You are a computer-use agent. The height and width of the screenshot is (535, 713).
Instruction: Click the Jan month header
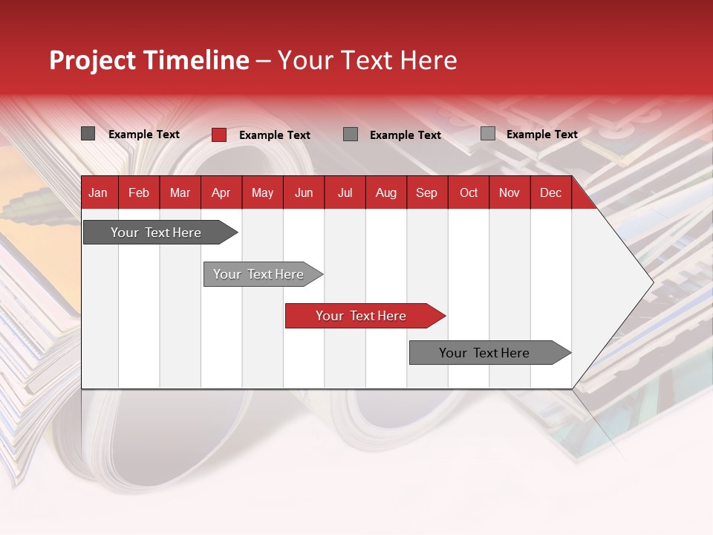click(98, 192)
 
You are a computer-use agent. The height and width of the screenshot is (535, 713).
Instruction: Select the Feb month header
click(139, 192)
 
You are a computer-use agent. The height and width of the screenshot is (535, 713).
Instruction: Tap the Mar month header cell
click(180, 192)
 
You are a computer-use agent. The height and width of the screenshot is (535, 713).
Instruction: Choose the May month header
click(262, 192)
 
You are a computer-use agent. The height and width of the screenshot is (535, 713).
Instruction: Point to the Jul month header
click(345, 192)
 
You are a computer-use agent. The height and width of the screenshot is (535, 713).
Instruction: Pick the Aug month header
click(385, 192)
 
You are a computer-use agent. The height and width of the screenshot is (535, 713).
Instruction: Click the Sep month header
click(426, 192)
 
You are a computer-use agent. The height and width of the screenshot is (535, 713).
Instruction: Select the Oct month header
click(469, 192)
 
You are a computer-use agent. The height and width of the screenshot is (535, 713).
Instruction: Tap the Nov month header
click(509, 192)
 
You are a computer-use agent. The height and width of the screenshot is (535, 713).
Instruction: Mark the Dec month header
click(550, 192)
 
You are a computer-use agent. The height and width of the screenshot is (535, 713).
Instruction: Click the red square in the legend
click(219, 134)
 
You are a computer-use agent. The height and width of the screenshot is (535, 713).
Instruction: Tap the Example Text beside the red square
click(274, 135)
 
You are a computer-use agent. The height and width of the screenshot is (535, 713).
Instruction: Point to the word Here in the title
click(429, 60)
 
